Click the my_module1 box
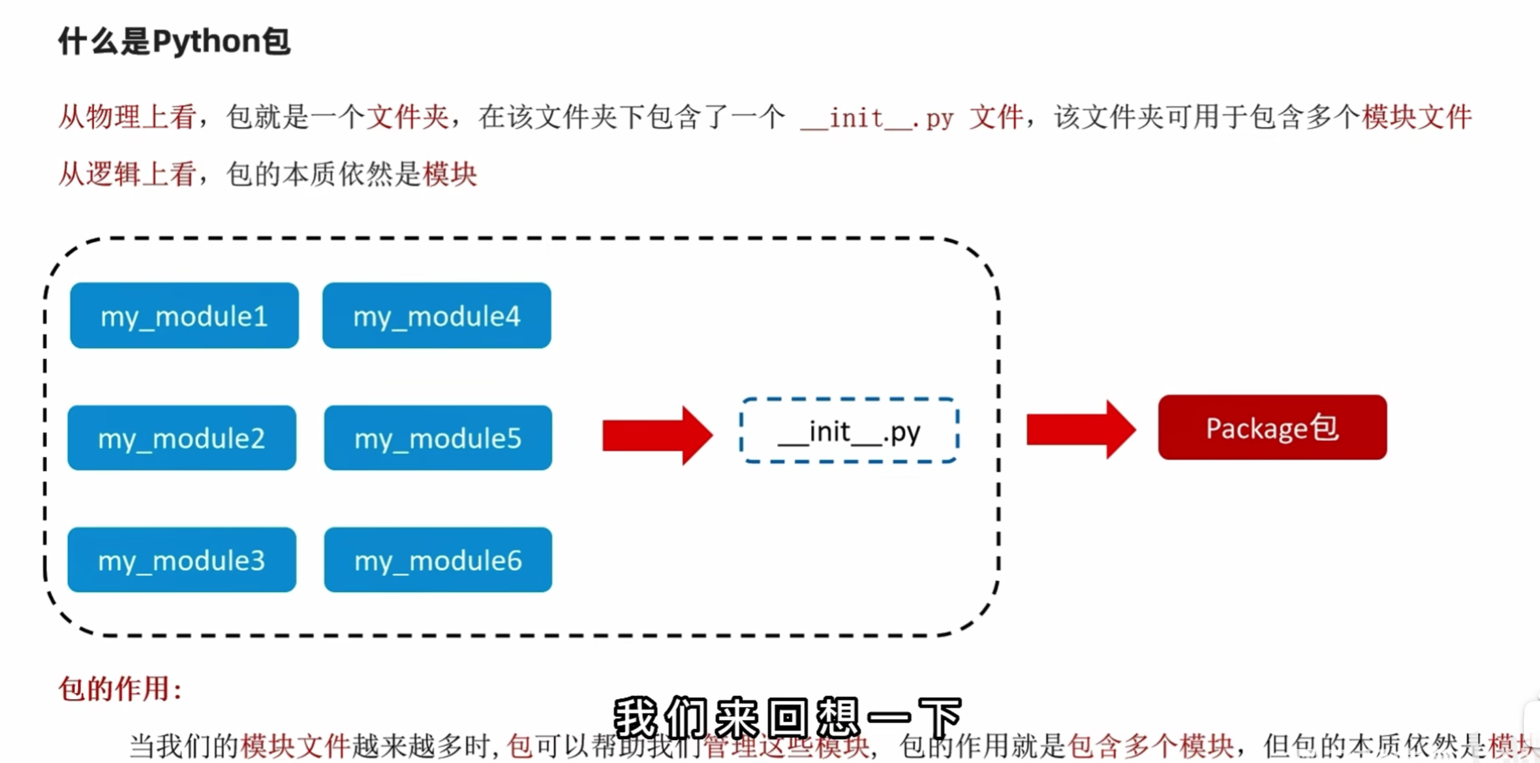click(x=184, y=316)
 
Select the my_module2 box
click(x=181, y=438)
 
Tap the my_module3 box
click(x=181, y=560)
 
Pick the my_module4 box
click(x=437, y=316)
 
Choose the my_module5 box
click(x=438, y=438)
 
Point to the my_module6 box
click(x=438, y=560)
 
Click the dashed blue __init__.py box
click(x=849, y=431)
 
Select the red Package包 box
click(x=1272, y=428)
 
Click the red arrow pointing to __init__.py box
click(x=656, y=435)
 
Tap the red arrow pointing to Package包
click(x=1081, y=429)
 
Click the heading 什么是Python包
click(x=174, y=41)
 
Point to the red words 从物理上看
click(x=127, y=117)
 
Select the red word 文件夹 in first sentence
click(x=407, y=117)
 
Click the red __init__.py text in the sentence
click(x=876, y=119)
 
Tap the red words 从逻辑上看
click(x=127, y=174)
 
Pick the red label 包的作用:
click(x=120, y=689)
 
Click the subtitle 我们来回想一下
click(x=788, y=717)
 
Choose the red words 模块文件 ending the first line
click(x=1416, y=117)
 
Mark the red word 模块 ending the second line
click(x=450, y=174)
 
